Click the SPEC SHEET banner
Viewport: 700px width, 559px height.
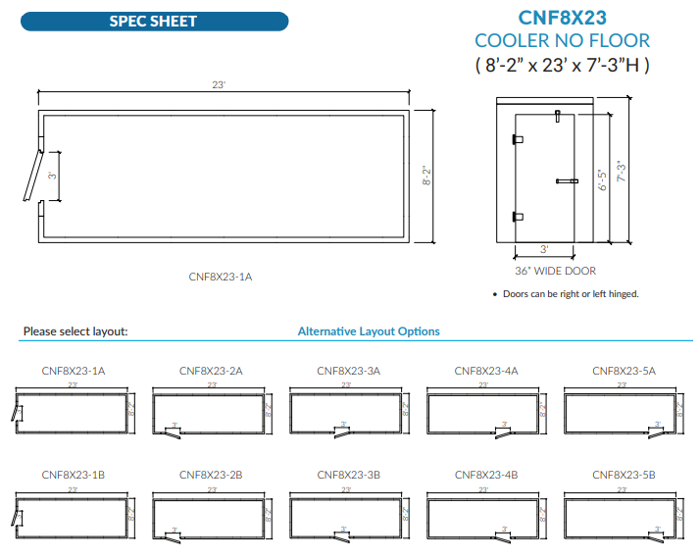pyautogui.click(x=153, y=21)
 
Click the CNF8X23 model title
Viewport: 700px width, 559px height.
pyautogui.click(x=562, y=17)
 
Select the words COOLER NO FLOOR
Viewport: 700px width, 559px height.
pyautogui.click(x=562, y=40)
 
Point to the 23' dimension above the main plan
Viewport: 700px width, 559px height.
pyautogui.click(x=220, y=85)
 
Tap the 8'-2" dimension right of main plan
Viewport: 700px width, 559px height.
pyautogui.click(x=426, y=176)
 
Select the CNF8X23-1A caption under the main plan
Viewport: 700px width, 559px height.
pyautogui.click(x=220, y=277)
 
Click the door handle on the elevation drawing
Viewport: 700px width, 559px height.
pyautogui.click(x=567, y=180)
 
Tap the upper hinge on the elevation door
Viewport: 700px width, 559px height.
pyautogui.click(x=517, y=139)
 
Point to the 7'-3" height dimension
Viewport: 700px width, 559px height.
pyautogui.click(x=621, y=171)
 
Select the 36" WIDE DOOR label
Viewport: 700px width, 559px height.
pyautogui.click(x=554, y=271)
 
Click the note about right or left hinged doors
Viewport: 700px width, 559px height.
pyautogui.click(x=571, y=294)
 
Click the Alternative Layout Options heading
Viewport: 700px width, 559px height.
pyautogui.click(x=369, y=331)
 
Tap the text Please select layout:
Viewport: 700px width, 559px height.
pyautogui.click(x=75, y=331)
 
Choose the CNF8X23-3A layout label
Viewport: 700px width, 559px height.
pyautogui.click(x=348, y=371)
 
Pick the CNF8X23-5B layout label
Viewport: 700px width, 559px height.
pyautogui.click(x=624, y=474)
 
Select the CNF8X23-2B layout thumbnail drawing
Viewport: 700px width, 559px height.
pyautogui.click(x=212, y=513)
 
